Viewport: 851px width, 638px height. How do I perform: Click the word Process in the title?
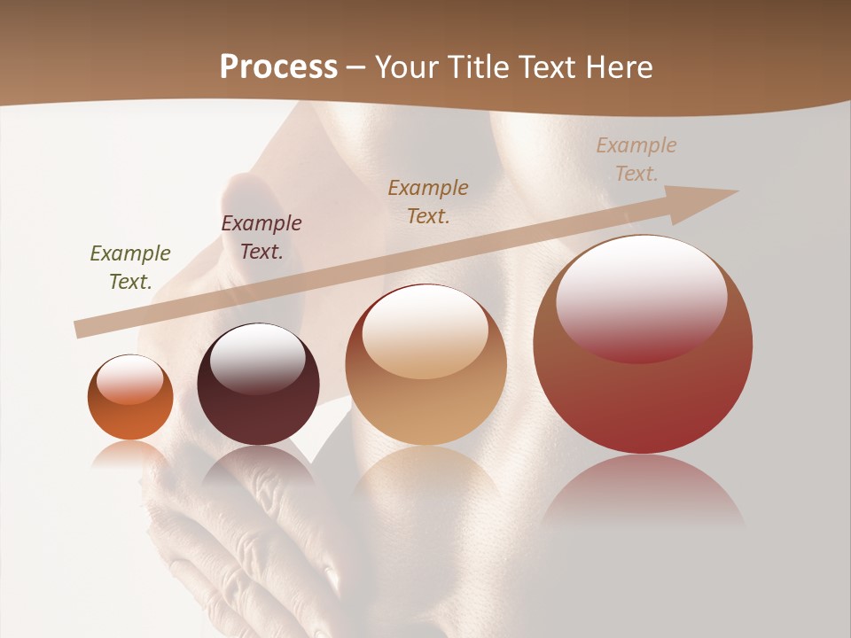(278, 67)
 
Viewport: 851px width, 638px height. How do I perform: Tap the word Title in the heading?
(480, 67)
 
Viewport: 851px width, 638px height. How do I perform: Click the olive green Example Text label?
(130, 268)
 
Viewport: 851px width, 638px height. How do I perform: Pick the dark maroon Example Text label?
(262, 237)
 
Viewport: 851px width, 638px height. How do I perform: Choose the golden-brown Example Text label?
(428, 201)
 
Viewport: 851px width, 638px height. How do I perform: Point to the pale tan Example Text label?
(636, 159)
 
